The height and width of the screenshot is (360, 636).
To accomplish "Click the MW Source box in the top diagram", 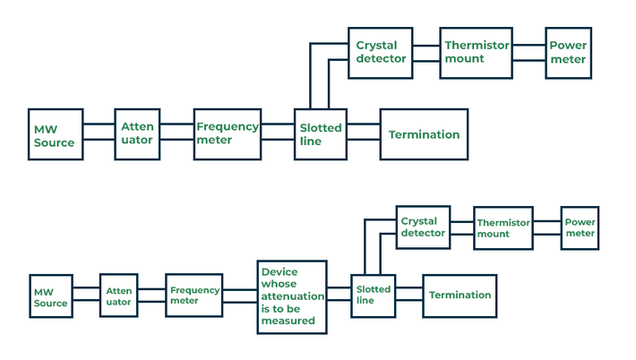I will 56,135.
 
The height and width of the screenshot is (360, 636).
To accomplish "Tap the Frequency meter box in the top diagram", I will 228,134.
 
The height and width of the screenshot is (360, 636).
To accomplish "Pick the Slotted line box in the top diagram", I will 321,134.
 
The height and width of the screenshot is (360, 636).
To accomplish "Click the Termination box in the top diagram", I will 424,134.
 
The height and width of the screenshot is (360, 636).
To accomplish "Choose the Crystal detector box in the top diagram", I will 380,52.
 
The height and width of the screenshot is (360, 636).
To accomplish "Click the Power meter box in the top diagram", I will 568,53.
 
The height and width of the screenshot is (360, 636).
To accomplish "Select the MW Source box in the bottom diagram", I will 50,297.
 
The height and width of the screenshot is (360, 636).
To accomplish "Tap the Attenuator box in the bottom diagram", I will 119,296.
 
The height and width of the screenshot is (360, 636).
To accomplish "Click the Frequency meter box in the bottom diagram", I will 194,296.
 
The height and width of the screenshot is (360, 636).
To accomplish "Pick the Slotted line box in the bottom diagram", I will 373,296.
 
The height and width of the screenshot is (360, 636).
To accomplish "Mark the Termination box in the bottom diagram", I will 459,296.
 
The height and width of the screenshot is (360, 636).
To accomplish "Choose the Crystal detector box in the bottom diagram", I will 423,227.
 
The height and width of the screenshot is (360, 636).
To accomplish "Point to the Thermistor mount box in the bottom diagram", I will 503,227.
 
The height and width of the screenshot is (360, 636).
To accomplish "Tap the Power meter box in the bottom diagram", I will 580,227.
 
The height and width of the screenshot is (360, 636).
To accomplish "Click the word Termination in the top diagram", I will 424,134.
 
